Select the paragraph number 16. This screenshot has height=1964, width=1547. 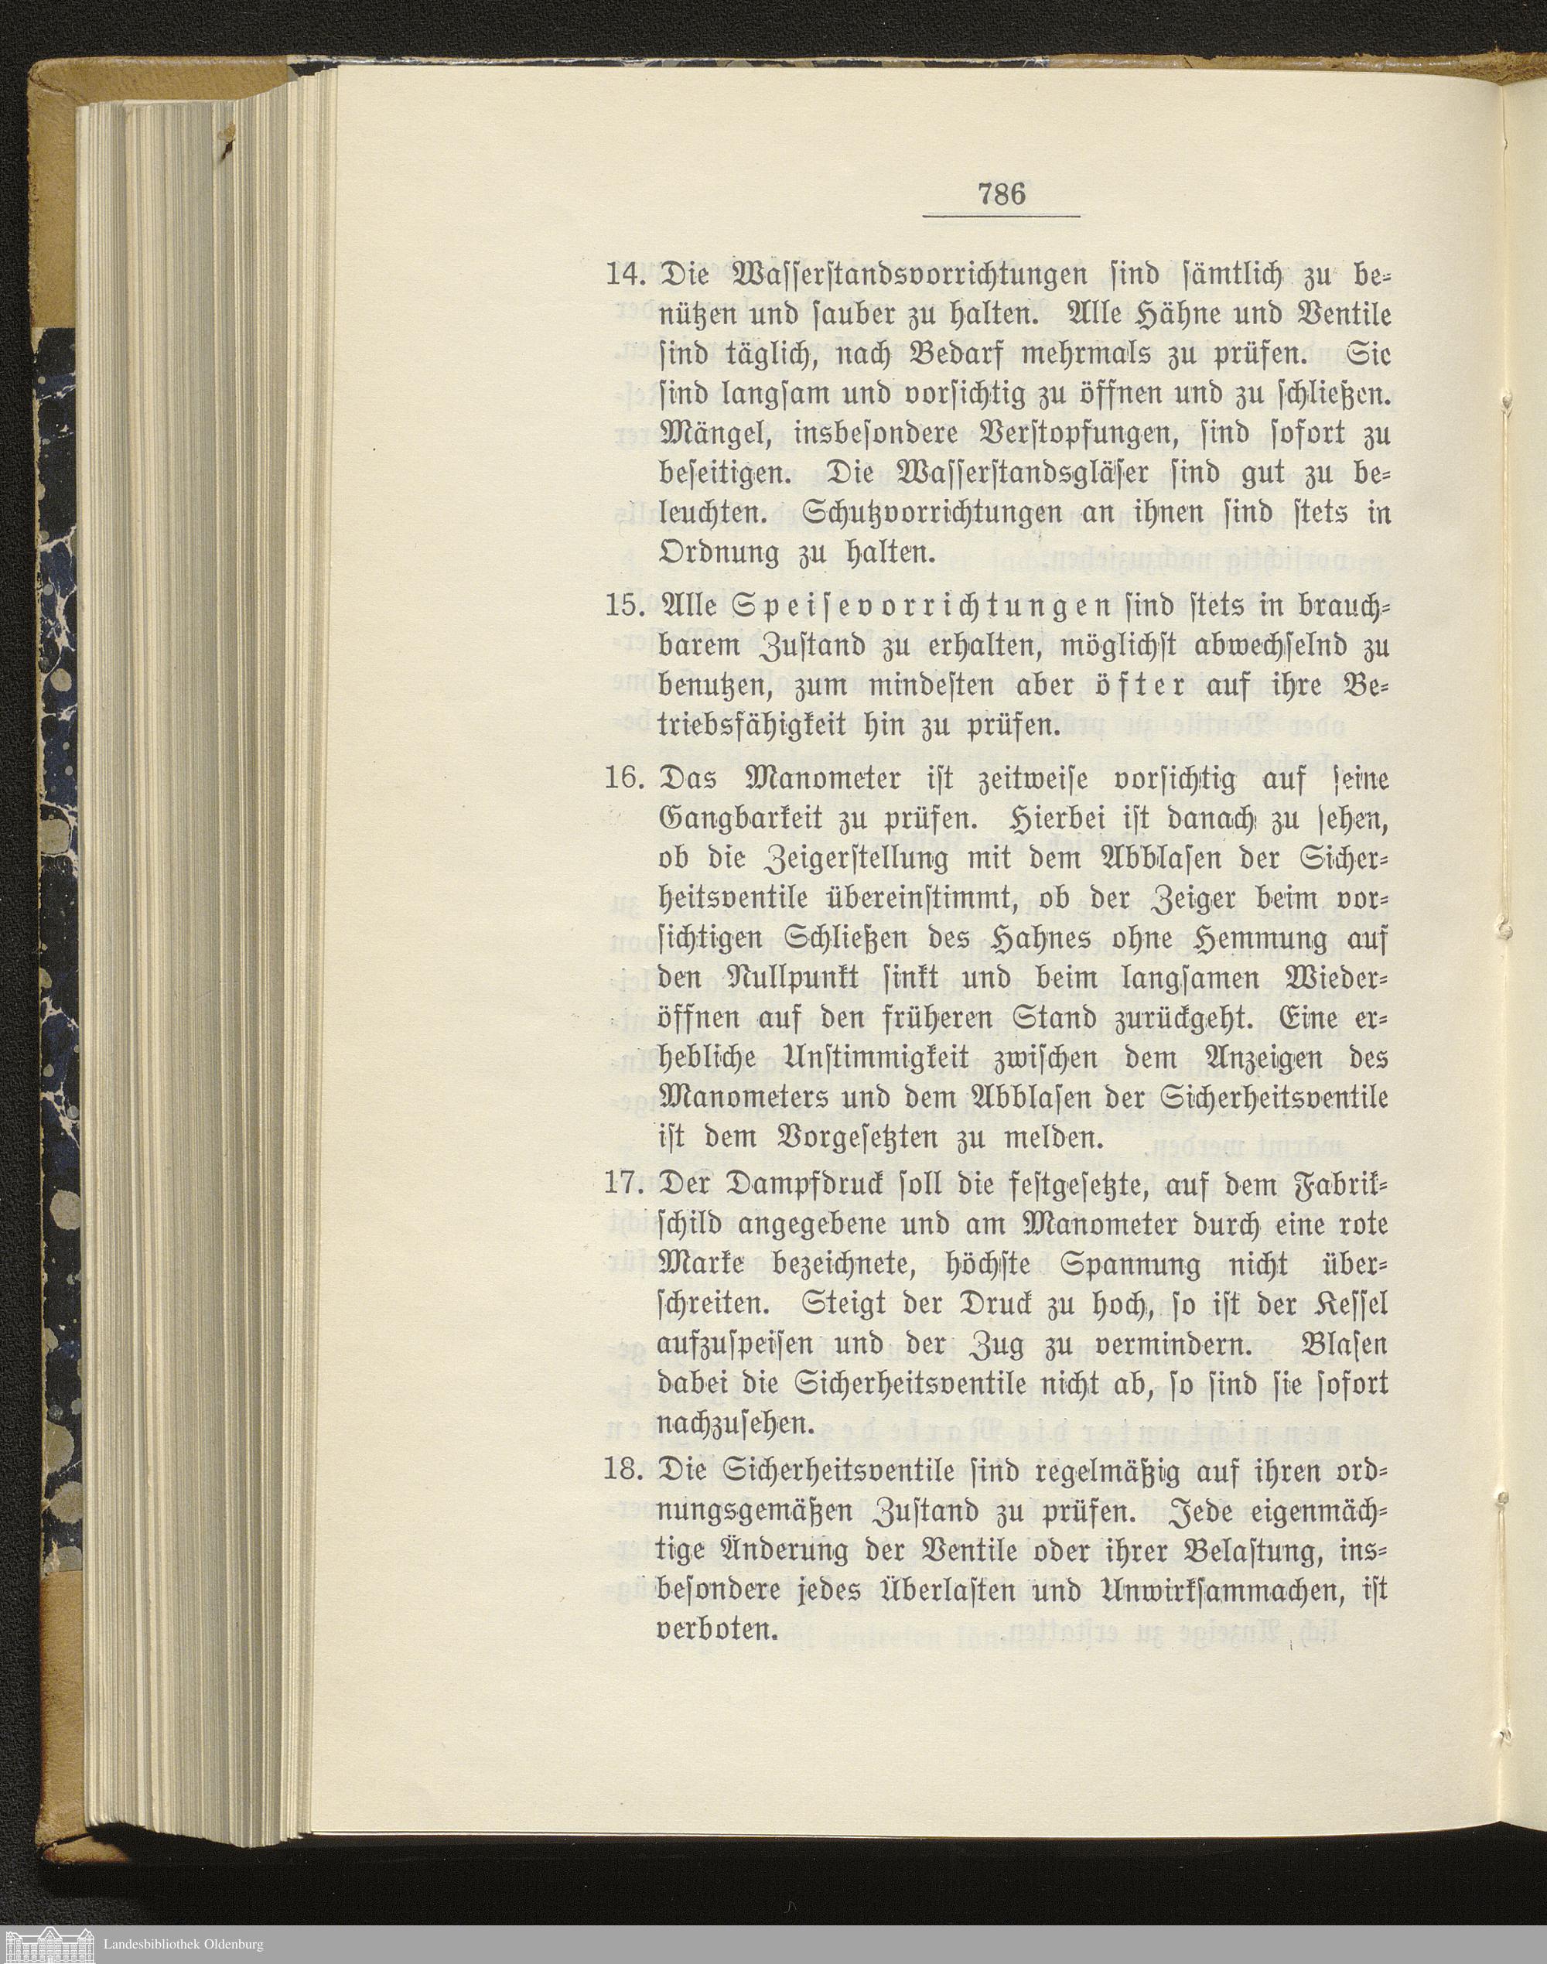625,778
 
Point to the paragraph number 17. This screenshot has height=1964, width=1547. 624,1185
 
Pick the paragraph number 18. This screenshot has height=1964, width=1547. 625,1470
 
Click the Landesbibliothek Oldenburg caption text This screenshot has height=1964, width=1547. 183,1944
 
